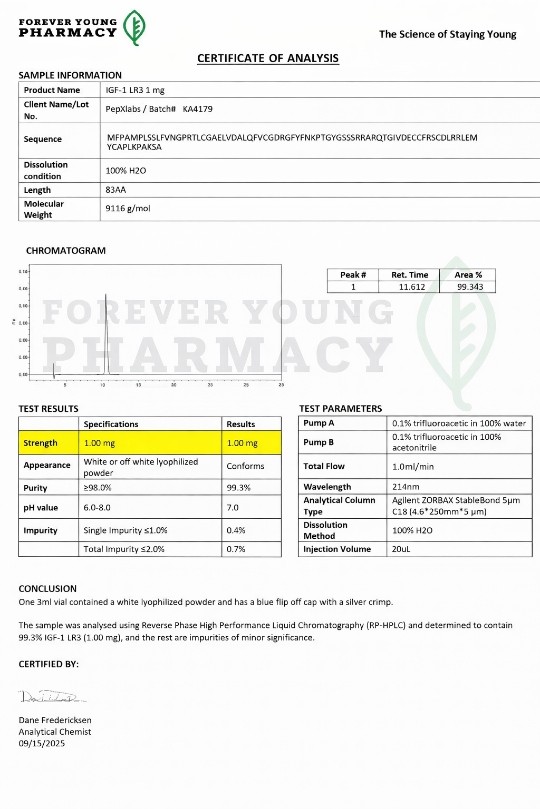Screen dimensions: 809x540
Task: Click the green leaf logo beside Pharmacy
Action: [134, 27]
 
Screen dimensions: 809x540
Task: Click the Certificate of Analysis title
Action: [268, 58]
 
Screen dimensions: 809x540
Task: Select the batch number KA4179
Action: [198, 109]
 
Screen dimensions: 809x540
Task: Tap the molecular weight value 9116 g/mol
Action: [128, 209]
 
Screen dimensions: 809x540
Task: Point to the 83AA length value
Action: [115, 190]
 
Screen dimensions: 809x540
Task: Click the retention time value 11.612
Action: [411, 287]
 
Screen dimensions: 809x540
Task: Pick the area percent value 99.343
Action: [470, 287]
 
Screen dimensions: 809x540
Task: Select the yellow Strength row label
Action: [40, 443]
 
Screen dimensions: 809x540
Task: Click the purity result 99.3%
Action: [238, 488]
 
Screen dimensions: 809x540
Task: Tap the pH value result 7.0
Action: [233, 508]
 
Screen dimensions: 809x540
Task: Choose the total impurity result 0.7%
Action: [236, 549]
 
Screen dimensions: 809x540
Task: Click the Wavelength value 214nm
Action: [406, 487]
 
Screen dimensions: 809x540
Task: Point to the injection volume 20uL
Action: [401, 549]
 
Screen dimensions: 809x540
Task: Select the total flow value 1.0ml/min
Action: [413, 467]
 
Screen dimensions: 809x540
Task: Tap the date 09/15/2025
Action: [42, 744]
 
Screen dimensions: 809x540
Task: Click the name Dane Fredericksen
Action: [55, 721]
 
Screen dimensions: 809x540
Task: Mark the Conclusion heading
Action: [47, 589]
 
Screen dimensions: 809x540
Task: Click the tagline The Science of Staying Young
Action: [447, 34]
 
